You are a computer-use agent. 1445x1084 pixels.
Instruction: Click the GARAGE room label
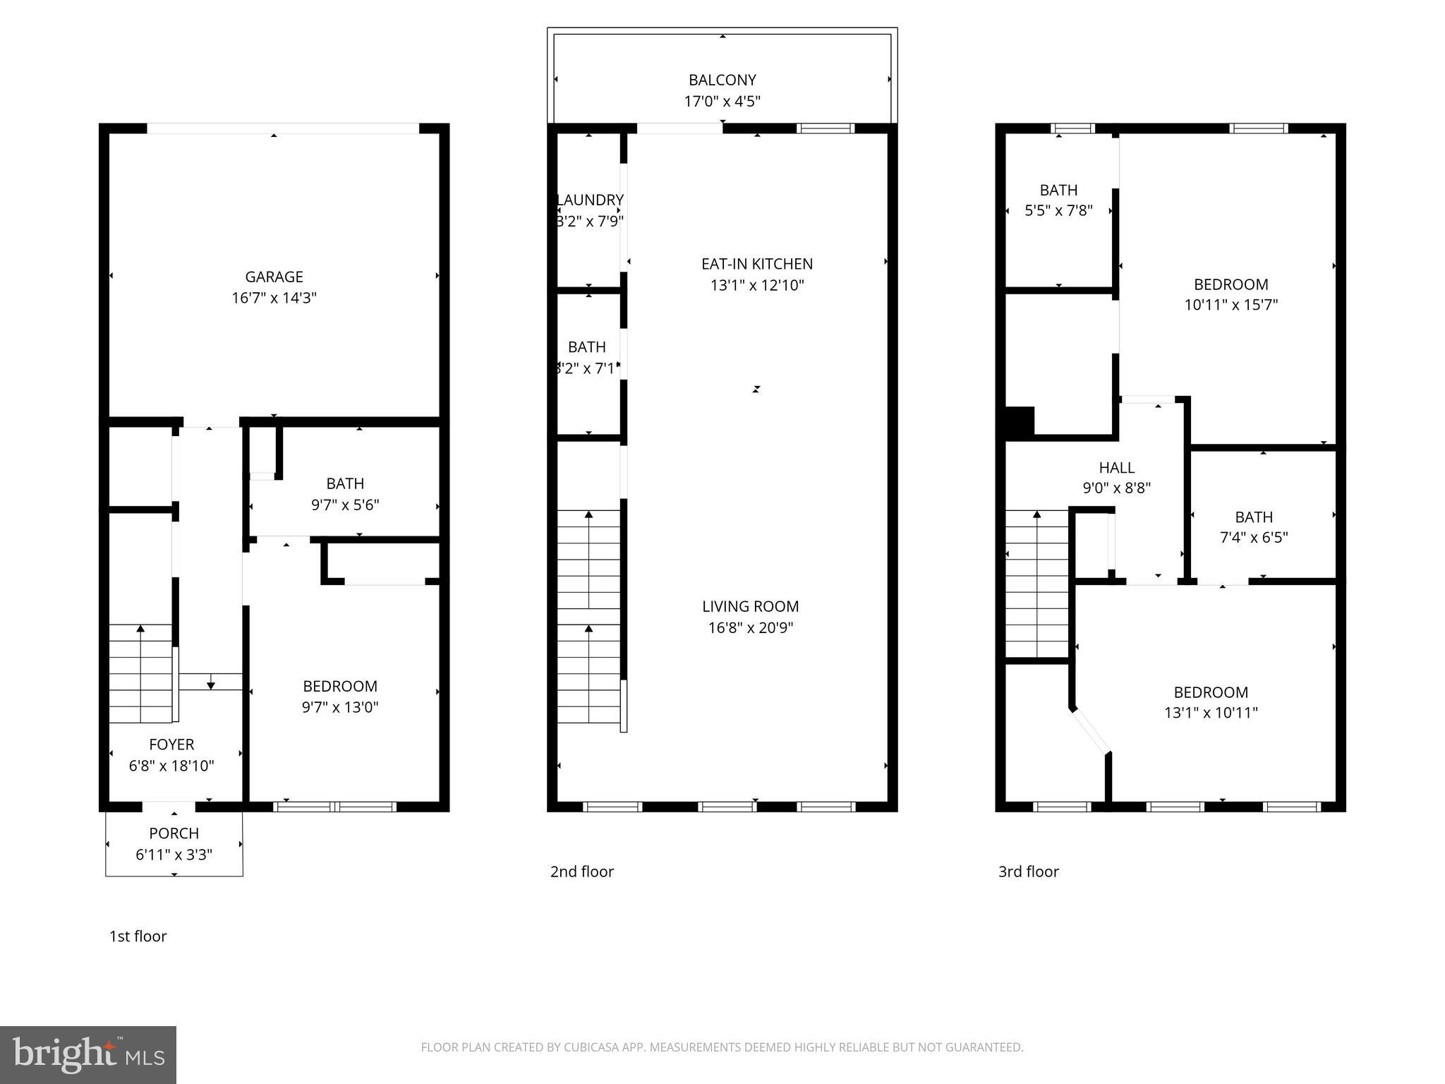pos(274,277)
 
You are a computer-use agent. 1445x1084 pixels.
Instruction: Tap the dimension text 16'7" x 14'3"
pos(274,298)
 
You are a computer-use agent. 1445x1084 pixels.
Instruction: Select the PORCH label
pos(174,833)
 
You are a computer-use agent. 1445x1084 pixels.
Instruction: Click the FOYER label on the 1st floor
pos(171,744)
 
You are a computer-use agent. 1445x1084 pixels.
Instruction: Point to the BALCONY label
pos(722,80)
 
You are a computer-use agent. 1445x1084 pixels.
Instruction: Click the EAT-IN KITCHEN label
pos(756,264)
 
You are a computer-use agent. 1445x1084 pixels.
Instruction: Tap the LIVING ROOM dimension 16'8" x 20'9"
pos(751,627)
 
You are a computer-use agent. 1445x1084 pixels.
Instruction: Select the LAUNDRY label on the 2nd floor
pos(590,200)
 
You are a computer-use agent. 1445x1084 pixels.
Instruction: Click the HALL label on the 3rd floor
pos(1116,467)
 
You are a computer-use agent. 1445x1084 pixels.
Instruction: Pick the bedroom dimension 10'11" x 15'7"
pos(1231,305)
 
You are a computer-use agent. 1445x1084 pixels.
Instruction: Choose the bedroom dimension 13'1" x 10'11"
pos(1211,713)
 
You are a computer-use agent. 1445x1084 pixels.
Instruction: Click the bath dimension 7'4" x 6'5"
pos(1254,537)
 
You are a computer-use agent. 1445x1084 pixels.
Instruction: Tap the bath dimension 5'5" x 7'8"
pos(1058,210)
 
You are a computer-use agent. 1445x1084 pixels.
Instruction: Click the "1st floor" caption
pos(138,936)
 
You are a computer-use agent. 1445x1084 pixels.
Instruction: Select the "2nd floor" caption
pos(581,871)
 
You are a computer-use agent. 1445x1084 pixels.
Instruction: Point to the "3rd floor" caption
pos(1028,871)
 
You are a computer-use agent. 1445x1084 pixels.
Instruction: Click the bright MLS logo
pos(87,1054)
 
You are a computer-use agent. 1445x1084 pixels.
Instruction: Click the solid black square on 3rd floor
pos(1019,421)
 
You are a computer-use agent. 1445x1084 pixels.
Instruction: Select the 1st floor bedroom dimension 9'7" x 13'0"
pos(340,707)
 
